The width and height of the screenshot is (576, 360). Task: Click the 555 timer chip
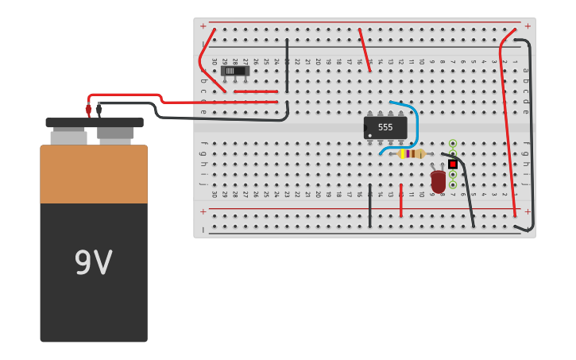click(385, 127)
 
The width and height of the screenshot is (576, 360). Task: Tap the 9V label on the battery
click(93, 263)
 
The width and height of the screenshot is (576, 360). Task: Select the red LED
click(438, 181)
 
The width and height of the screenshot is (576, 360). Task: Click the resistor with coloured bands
click(411, 153)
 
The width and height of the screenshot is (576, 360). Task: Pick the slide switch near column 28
click(235, 71)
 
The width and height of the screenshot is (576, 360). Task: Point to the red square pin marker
click(453, 164)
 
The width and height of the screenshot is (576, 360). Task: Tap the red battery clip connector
click(88, 110)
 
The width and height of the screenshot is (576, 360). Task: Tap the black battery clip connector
click(99, 110)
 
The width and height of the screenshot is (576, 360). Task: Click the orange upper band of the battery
click(94, 173)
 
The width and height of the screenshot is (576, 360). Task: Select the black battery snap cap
click(94, 122)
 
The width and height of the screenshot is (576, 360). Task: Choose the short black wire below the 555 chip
click(369, 206)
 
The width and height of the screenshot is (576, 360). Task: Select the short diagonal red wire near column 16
click(365, 50)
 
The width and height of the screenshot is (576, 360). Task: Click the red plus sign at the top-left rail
click(203, 26)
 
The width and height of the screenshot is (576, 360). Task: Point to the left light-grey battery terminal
click(68, 137)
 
